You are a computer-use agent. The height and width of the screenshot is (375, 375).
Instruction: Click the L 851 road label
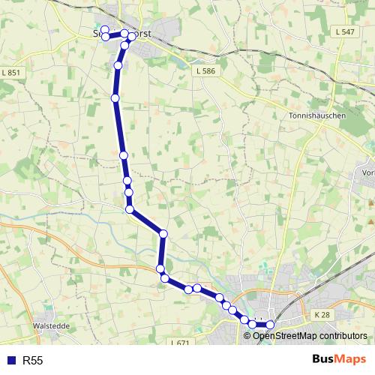tap(12, 72)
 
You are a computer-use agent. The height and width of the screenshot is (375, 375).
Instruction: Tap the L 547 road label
tap(346, 31)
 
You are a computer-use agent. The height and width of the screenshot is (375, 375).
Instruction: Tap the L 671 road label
tap(180, 343)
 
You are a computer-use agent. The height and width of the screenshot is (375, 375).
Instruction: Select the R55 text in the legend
tap(33, 361)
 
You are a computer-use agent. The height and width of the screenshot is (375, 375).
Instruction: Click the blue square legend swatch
tap(10, 361)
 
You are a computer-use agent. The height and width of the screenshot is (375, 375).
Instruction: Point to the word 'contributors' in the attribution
tap(343, 335)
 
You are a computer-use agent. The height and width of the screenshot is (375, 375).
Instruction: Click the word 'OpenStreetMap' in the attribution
tap(286, 335)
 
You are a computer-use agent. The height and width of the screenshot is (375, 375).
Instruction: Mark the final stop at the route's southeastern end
tap(270, 325)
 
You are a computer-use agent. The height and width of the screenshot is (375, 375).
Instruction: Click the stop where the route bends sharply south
tap(163, 234)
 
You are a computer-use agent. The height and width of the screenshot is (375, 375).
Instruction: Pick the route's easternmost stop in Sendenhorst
tap(132, 36)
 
